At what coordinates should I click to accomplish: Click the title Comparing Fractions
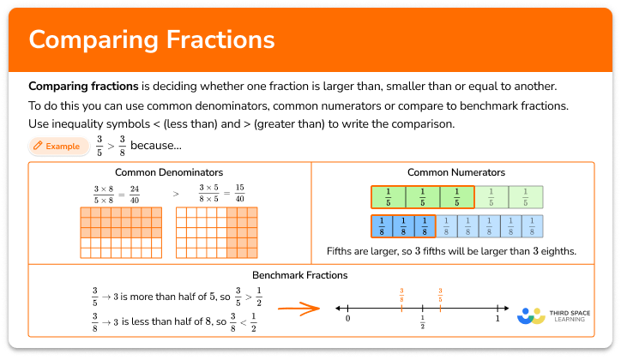tap(152, 40)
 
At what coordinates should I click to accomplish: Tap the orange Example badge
tap(57, 147)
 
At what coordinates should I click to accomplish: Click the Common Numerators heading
tap(455, 172)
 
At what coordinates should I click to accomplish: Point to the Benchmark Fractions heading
tap(299, 275)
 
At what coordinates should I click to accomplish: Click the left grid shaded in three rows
tap(121, 231)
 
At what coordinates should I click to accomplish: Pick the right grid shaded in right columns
tap(217, 231)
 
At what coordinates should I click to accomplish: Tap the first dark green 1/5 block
tap(388, 197)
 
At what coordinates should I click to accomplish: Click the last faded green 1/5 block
tap(525, 197)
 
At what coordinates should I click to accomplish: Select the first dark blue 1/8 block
tap(381, 225)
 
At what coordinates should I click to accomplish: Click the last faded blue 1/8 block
tap(532, 225)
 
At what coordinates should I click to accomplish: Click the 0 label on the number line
tap(347, 319)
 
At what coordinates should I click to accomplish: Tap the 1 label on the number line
tap(497, 319)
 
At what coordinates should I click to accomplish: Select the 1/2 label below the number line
tap(423, 323)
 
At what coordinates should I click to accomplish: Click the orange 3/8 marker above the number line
tap(401, 294)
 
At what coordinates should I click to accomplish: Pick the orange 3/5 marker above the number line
tap(440, 294)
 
